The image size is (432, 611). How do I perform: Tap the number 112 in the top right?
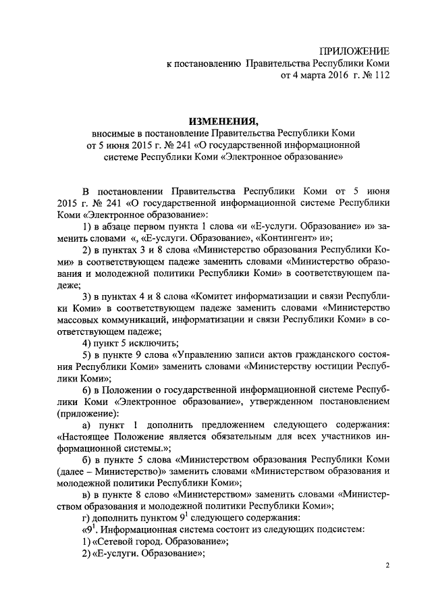click(381, 76)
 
